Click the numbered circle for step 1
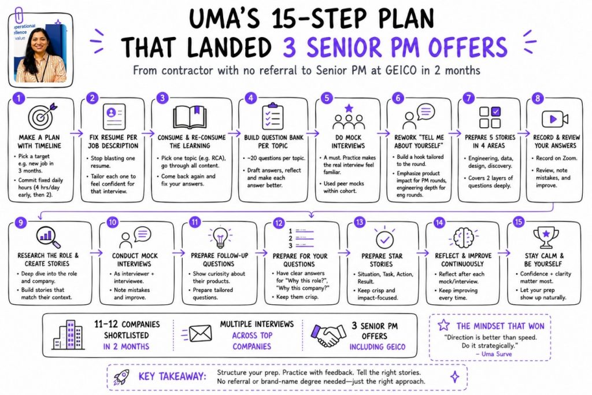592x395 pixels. click(x=18, y=98)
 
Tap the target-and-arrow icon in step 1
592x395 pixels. click(x=42, y=115)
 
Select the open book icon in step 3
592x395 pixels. click(x=190, y=117)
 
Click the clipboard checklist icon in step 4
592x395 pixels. click(x=272, y=116)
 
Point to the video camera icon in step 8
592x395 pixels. click(x=554, y=119)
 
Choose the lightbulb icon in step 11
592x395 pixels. click(x=220, y=237)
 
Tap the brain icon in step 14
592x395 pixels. click(x=463, y=238)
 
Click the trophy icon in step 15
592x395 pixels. click(x=546, y=237)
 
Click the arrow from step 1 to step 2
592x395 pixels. click(x=77, y=133)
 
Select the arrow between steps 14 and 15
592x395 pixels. click(x=504, y=253)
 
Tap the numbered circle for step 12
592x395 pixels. click(x=279, y=223)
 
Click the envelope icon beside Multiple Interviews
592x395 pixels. click(x=198, y=334)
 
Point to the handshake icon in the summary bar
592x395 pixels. click(x=328, y=335)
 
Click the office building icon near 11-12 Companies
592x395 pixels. click(x=68, y=335)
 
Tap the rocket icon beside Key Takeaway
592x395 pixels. click(x=121, y=377)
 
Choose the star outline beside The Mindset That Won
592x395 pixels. click(x=443, y=325)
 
